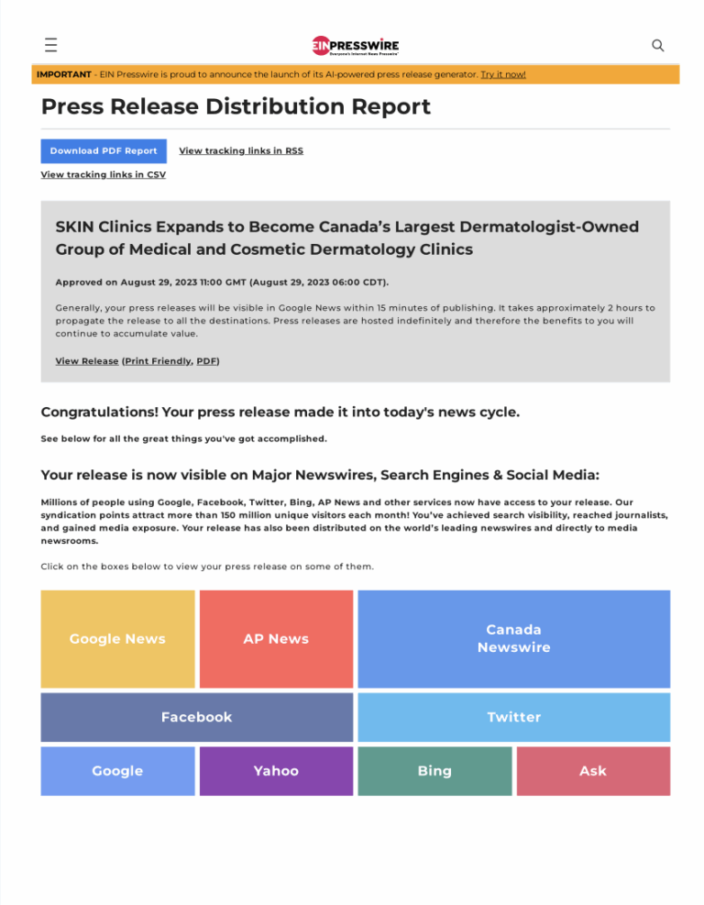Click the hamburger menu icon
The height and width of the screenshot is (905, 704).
[x=50, y=45]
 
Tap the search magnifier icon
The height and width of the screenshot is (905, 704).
[x=657, y=45]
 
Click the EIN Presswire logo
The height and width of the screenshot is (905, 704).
[x=355, y=45]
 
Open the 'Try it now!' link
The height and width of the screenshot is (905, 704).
[x=503, y=74]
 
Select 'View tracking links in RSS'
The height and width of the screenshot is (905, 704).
[x=241, y=151]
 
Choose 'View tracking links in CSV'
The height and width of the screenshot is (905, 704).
[x=104, y=175]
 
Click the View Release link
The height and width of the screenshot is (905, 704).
[x=87, y=361]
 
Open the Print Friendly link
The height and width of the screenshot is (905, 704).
[x=158, y=361]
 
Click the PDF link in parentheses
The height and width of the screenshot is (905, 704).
[x=206, y=361]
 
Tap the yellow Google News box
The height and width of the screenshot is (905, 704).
[x=117, y=639]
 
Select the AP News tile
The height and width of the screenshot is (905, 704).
[x=276, y=639]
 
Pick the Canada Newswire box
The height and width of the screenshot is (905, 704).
[x=513, y=639]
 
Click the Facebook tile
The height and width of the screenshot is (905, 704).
[x=196, y=717]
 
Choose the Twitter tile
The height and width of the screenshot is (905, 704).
[x=513, y=717]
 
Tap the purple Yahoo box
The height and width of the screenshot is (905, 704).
[x=276, y=771]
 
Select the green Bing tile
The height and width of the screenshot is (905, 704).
[x=434, y=771]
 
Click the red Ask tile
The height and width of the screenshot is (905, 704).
[x=593, y=771]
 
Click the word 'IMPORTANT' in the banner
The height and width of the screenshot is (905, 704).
[x=64, y=74]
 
